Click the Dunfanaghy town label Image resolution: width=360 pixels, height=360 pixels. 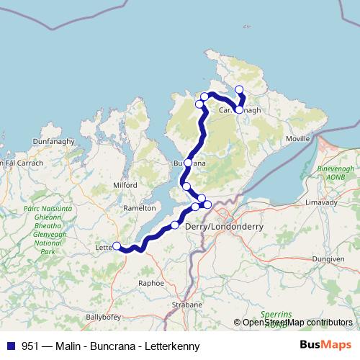pos(53,142)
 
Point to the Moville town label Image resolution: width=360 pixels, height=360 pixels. pos(298,137)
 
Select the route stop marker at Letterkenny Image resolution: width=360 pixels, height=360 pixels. pos(117,246)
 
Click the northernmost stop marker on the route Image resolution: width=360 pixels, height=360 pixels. pos(239,90)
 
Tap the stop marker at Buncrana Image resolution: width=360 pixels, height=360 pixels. pos(188,163)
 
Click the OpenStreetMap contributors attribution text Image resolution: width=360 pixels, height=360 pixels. pos(297,323)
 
